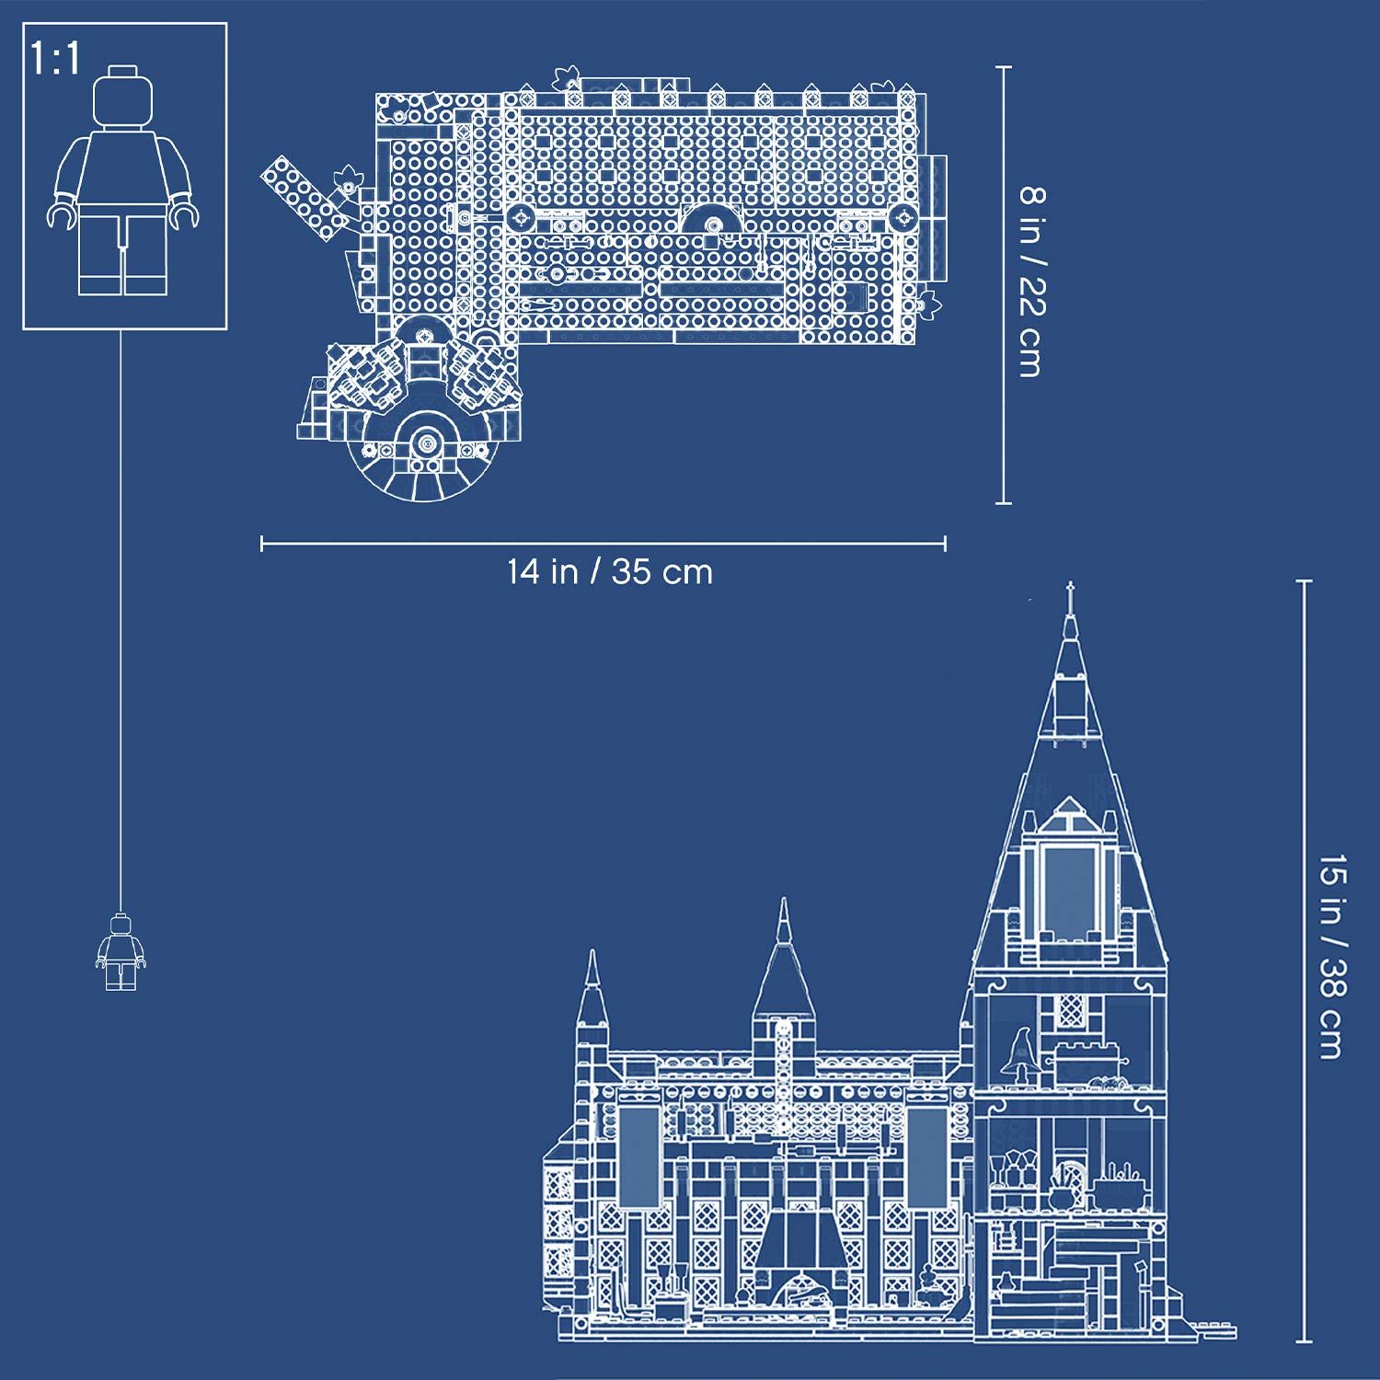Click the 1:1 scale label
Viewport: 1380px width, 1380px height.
pyautogui.click(x=55, y=59)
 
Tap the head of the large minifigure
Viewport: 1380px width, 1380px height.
pyautogui.click(x=122, y=95)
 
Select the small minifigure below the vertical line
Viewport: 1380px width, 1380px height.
pyautogui.click(x=121, y=952)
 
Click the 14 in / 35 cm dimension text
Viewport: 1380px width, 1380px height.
pyautogui.click(x=610, y=572)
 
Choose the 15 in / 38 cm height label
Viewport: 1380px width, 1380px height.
pyautogui.click(x=1332, y=957)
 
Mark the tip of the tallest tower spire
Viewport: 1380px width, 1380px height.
pyautogui.click(x=1070, y=585)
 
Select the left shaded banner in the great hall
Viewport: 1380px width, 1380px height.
pyautogui.click(x=638, y=1156)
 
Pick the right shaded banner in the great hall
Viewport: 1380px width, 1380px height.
pyautogui.click(x=926, y=1156)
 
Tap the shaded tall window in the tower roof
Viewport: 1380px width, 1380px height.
pyautogui.click(x=1069, y=888)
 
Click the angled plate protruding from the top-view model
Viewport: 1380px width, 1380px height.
pyautogui.click(x=304, y=198)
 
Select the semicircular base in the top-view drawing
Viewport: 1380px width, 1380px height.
pyautogui.click(x=425, y=460)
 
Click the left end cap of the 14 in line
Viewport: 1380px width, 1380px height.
pyautogui.click(x=262, y=545)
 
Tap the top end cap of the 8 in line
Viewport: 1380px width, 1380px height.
pyautogui.click(x=1004, y=67)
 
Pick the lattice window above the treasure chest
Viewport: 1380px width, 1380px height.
pyautogui.click(x=1070, y=1010)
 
